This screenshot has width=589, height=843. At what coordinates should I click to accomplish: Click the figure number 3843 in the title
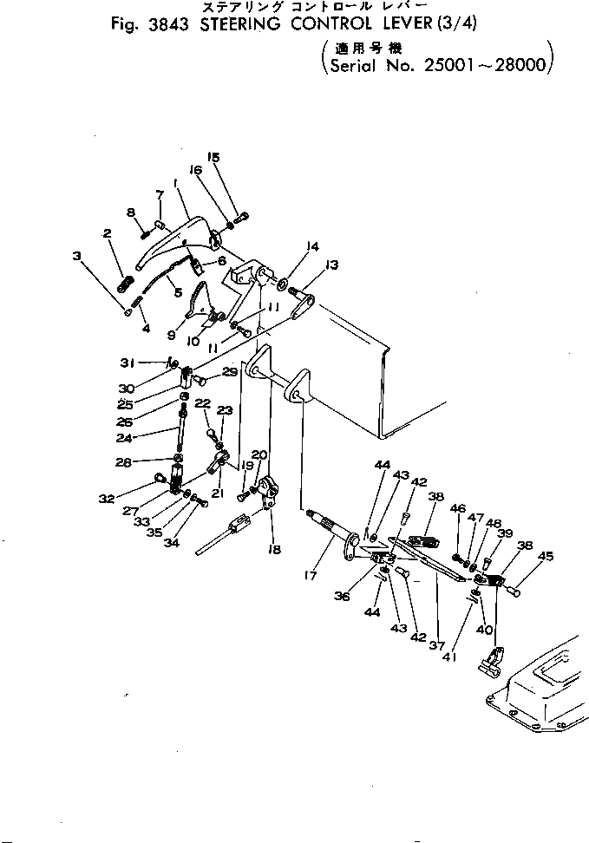click(175, 25)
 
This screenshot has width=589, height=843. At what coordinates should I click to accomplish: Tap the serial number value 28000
click(516, 66)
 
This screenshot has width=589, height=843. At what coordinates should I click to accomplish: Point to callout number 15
click(213, 158)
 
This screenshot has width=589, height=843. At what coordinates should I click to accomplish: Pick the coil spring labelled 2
click(124, 283)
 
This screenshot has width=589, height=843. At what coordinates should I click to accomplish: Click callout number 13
click(332, 265)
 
